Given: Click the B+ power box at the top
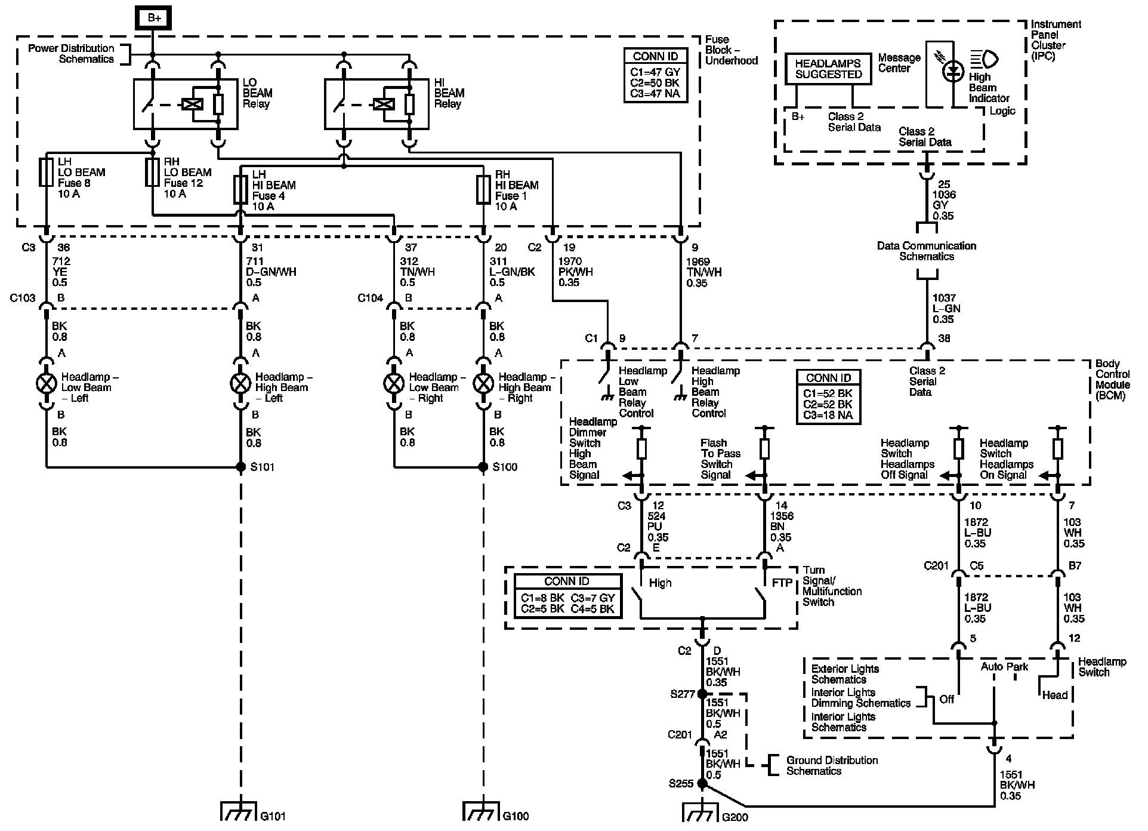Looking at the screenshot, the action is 155,18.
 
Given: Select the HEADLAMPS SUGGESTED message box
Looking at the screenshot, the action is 829,69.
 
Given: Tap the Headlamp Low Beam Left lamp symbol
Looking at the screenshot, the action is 46,383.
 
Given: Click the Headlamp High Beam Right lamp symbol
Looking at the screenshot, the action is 483,383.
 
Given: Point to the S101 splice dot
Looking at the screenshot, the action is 241,467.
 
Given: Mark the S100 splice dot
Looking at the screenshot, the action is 483,467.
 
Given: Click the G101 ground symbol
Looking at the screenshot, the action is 241,811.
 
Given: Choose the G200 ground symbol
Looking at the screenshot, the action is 702,812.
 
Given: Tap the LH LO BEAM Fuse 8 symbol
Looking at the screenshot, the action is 46,172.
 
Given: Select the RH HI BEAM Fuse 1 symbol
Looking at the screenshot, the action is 483,189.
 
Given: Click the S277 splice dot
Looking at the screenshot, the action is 702,694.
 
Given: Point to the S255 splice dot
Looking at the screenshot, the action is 702,783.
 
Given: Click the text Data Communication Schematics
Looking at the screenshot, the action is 926,251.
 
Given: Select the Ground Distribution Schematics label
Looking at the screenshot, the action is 832,765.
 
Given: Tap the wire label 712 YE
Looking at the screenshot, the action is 61,266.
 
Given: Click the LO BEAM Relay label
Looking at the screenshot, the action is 257,93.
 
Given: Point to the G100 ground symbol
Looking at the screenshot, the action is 483,811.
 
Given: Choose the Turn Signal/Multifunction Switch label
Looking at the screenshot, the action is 832,586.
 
